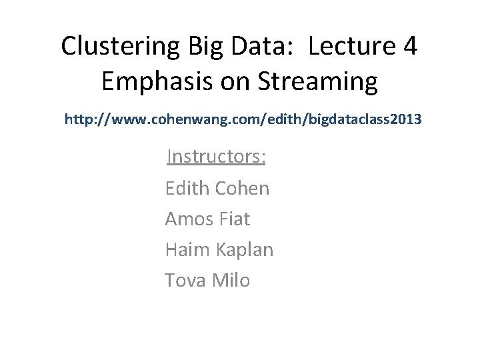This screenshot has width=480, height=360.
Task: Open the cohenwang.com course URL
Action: tap(243, 120)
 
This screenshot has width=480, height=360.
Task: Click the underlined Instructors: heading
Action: tap(217, 157)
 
